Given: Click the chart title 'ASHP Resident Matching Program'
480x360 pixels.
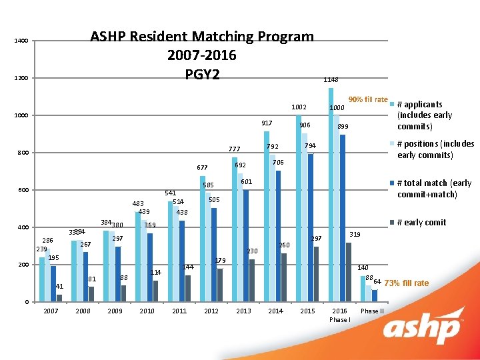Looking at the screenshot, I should coord(201,37).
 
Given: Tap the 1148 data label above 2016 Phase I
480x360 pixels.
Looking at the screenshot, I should coord(331,79).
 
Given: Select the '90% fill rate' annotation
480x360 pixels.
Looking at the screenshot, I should coord(368,100).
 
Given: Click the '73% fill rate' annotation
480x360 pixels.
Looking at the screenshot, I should coord(407,283).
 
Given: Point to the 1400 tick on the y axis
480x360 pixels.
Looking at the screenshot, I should coord(21,41).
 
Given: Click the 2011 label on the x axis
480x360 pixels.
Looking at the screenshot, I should coord(179,311).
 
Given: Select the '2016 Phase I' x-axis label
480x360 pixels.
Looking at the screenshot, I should coord(339,315).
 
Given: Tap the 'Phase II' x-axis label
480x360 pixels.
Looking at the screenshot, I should coord(372,311).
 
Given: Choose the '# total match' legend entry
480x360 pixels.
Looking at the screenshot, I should coord(433,189).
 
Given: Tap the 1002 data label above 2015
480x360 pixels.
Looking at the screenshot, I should coord(299,107).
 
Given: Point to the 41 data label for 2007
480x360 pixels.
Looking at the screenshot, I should coord(59,287).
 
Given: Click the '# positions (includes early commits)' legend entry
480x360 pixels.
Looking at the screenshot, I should coord(435,149).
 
